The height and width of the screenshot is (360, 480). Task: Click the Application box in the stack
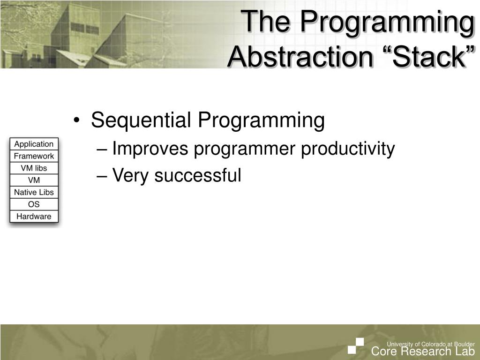(x=34, y=144)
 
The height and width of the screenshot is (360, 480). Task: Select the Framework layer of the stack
(x=34, y=156)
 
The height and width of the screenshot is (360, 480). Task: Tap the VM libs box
(x=34, y=168)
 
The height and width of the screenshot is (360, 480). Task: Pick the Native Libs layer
(x=34, y=192)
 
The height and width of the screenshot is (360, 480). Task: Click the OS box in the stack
(x=34, y=204)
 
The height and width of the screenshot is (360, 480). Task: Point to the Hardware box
(x=34, y=217)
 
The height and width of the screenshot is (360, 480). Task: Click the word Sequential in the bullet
(x=141, y=120)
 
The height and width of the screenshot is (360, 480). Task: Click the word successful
(x=198, y=175)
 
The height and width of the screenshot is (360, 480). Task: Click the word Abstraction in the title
(x=300, y=57)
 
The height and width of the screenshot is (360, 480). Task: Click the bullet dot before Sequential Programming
(x=76, y=120)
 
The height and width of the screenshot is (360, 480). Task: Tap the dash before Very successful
(x=102, y=177)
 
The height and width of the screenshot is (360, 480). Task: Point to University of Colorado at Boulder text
(x=431, y=344)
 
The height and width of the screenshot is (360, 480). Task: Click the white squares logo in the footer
(x=356, y=346)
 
